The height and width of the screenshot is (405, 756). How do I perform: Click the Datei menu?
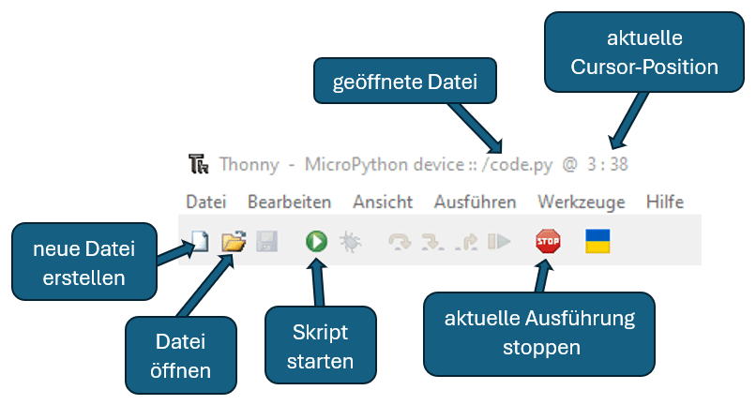pos(206,202)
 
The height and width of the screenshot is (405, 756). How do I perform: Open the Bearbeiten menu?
pos(289,202)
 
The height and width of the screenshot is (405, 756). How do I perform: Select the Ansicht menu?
pos(382,202)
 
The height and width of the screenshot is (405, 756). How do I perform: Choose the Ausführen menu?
pos(475,202)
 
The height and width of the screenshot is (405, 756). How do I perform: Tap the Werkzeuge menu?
pos(581,202)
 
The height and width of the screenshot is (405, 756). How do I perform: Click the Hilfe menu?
pos(664,202)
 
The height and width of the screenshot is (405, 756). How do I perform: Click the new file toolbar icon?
pos(198,242)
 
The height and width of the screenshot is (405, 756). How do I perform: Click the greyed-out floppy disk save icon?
pos(266,242)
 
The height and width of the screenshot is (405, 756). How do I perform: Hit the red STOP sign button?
pos(548,242)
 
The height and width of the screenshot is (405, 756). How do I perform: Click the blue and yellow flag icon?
pos(597,242)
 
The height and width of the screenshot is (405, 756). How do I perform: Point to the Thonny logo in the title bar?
pos(198,164)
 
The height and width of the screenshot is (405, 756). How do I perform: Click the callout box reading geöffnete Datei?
pos(405,82)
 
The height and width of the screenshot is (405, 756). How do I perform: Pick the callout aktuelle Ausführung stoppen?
pos(539,332)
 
